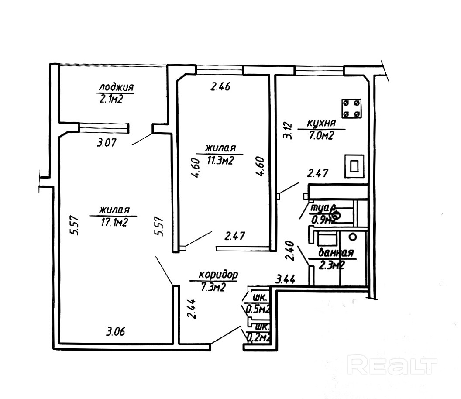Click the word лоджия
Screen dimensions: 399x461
[116, 86]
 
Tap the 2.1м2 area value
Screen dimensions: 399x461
[110, 100]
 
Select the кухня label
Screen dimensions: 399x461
[322, 123]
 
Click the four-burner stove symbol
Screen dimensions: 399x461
[352, 108]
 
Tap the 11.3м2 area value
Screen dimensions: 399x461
[220, 161]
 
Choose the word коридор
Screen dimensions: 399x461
[218, 275]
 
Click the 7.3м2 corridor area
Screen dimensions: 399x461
[213, 287]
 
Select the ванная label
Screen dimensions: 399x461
[336, 253]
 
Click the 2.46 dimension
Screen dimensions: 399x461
[220, 86]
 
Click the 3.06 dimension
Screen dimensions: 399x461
[116, 332]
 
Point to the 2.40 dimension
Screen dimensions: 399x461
[289, 251]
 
